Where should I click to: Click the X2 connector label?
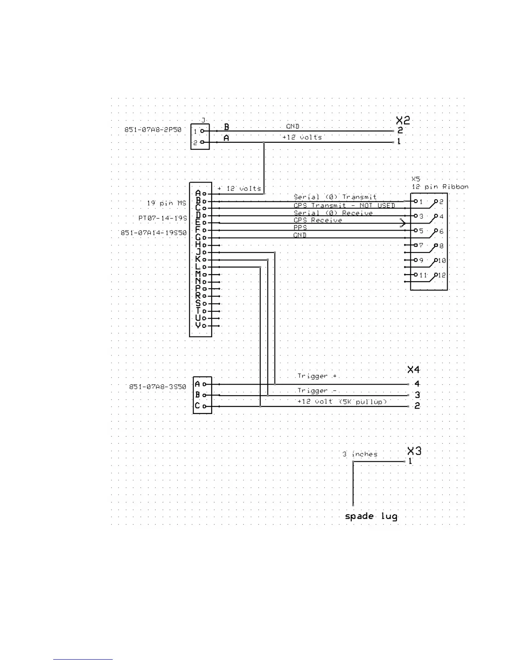pos(403,121)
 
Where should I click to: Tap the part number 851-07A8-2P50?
pos(153,130)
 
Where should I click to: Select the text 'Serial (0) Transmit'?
pos(335,197)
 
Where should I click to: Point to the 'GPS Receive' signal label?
pos(318,220)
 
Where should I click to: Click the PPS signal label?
pos(300,228)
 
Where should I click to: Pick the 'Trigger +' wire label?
pos(317,376)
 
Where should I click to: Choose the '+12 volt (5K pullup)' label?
pos(342,401)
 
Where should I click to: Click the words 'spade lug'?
pos(371,516)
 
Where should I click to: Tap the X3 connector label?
pos(414,451)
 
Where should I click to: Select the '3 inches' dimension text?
pos(360,454)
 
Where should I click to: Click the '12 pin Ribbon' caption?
pos(440,187)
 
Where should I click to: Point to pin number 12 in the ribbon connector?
pos(442,275)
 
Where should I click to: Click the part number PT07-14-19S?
pos(163,218)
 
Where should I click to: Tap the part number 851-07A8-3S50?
pos(158,387)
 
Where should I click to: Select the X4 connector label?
pos(413,370)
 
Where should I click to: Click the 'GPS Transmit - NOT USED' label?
pos(344,206)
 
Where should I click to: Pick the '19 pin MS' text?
pos(166,203)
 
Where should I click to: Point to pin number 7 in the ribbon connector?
pos(421,245)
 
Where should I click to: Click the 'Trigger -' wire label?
pos(317,391)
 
